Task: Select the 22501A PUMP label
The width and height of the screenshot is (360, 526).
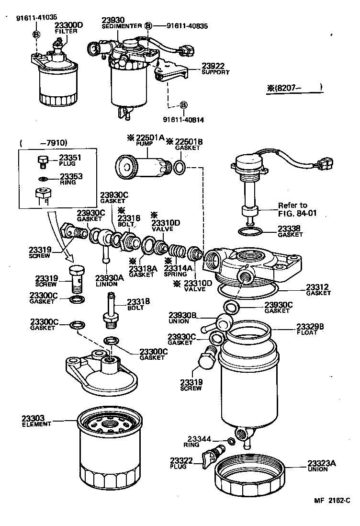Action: pyautogui.click(x=148, y=139)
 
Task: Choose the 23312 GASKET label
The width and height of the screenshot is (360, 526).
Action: pyautogui.click(x=318, y=290)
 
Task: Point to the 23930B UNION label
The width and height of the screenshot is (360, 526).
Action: pyautogui.click(x=181, y=317)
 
